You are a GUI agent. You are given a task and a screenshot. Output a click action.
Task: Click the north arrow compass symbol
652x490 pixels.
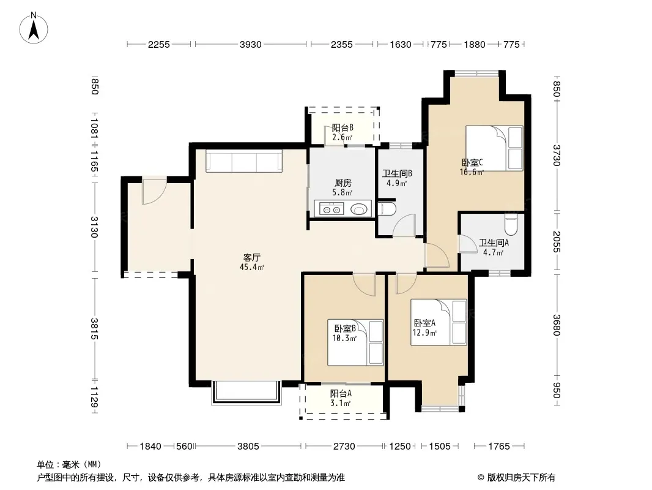(x=34, y=28)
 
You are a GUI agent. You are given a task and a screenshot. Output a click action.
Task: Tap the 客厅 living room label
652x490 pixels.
(x=251, y=257)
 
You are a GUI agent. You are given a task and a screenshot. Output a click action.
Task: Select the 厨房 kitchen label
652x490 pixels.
(x=343, y=183)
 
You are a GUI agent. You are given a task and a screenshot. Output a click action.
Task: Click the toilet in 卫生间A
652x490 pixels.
(x=511, y=224)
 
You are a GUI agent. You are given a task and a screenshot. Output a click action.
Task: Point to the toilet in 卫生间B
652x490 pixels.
(x=387, y=209)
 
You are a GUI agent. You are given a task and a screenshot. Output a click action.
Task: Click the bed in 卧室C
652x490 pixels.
(x=494, y=148)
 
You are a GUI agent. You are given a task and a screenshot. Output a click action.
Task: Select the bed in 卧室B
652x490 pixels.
(x=355, y=342)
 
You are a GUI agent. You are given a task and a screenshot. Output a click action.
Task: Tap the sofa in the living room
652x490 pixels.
(x=244, y=160)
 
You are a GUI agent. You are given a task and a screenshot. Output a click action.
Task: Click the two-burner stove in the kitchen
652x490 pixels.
(x=332, y=209)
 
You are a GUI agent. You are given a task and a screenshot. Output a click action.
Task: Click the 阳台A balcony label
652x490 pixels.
(x=341, y=393)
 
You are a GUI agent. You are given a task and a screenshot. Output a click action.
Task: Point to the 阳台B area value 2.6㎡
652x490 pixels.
(x=343, y=137)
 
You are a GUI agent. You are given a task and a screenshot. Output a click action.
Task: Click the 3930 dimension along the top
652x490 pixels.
(x=250, y=44)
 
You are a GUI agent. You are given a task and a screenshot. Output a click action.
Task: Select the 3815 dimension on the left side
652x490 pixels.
(x=94, y=328)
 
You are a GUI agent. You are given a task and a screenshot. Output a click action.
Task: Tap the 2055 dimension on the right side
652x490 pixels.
(x=557, y=241)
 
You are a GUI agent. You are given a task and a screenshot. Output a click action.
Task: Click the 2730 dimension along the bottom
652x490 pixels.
(x=344, y=447)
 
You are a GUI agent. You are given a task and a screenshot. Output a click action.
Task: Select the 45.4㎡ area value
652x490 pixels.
(x=252, y=267)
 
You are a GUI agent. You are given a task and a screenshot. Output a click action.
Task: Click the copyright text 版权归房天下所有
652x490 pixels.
(x=520, y=478)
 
